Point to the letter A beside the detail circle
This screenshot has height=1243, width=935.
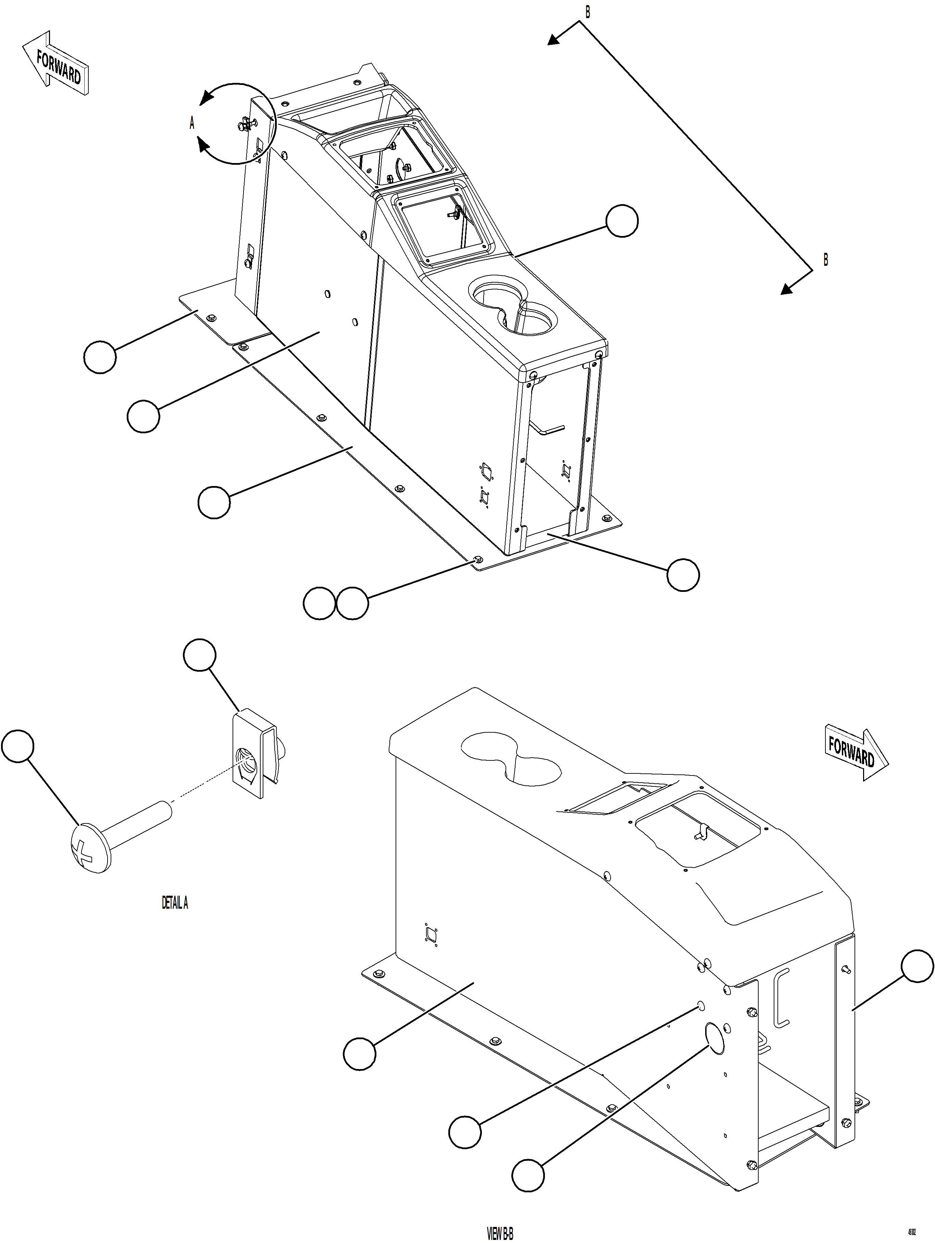191,123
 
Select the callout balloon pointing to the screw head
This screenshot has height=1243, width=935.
18,746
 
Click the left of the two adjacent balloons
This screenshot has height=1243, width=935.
319,604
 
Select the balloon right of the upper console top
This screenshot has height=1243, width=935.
622,221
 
